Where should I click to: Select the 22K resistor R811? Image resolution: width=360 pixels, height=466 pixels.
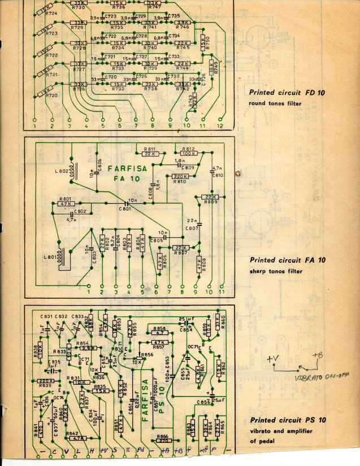(x=149, y=153)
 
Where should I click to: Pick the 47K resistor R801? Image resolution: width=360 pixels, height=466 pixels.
(x=65, y=203)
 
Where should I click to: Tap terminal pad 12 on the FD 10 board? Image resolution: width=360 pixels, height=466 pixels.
(x=220, y=120)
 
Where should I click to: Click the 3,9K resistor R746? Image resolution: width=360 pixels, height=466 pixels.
(x=183, y=23)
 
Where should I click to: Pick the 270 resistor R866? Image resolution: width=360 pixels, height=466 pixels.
(x=163, y=439)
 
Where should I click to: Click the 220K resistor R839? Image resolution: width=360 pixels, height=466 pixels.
(x=44, y=381)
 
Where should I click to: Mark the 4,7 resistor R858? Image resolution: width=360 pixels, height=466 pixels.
(x=160, y=333)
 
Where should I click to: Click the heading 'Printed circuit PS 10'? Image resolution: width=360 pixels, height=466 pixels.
(x=288, y=420)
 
